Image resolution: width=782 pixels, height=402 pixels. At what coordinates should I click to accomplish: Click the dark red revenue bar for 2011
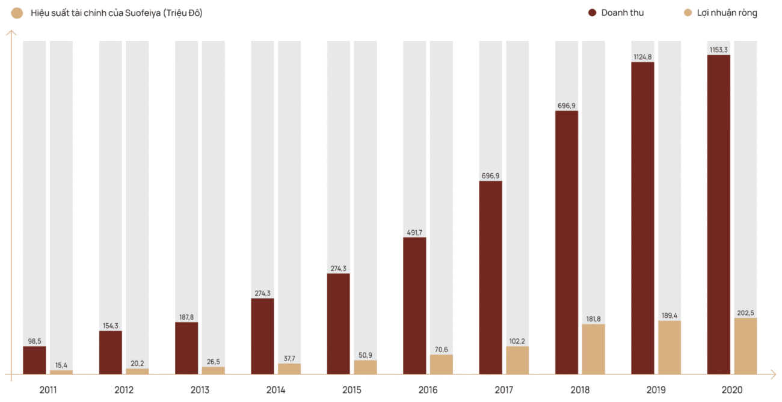[34, 360]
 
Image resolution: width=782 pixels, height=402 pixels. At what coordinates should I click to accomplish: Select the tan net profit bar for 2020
[745, 346]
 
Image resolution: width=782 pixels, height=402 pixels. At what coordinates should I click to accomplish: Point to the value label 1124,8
[642, 57]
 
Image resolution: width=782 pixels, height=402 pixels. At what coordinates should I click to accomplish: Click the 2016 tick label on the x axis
[428, 390]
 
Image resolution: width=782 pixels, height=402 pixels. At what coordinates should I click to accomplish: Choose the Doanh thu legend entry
[622, 13]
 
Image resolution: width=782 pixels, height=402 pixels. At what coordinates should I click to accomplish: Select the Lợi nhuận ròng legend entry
[727, 13]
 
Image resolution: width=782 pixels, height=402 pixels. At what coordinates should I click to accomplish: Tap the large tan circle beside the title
[17, 13]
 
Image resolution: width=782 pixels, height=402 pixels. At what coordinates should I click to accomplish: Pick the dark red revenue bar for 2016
[414, 305]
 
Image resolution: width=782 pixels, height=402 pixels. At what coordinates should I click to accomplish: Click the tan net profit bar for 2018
[594, 349]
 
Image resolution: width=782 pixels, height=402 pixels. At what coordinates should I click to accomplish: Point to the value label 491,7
[414, 233]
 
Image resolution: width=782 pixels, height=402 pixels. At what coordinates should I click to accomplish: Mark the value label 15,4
[61, 365]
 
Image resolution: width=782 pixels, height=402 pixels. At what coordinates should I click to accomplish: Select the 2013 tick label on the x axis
[200, 390]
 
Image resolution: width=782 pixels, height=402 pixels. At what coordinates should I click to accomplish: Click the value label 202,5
[745, 313]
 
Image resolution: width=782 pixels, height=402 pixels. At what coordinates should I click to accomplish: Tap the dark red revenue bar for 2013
[186, 348]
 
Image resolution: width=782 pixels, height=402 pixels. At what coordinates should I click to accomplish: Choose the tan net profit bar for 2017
[517, 360]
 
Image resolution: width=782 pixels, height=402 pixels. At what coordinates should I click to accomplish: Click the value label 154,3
[111, 326]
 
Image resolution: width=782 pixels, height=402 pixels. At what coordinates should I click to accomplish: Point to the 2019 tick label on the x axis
[656, 390]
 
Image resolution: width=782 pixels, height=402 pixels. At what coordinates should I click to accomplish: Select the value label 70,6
[442, 350]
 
